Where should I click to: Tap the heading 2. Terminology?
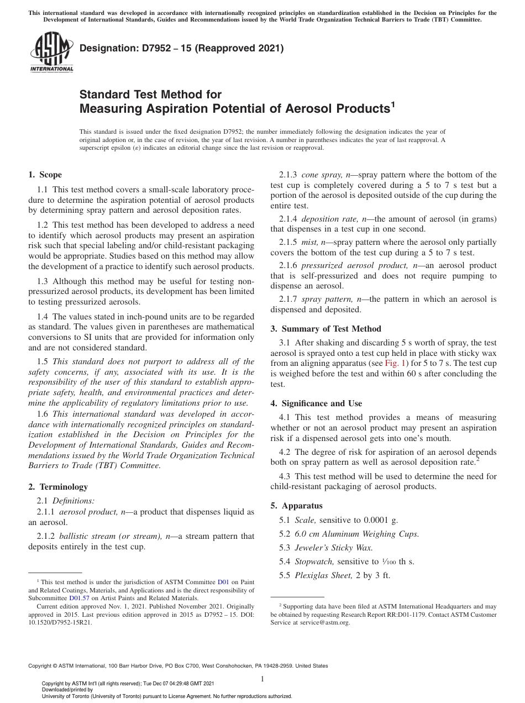point(58,486)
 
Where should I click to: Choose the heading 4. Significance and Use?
point(316,403)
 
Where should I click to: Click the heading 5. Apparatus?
point(296,505)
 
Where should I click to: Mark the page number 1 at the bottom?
point(262,679)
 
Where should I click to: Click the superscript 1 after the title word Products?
point(393,104)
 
